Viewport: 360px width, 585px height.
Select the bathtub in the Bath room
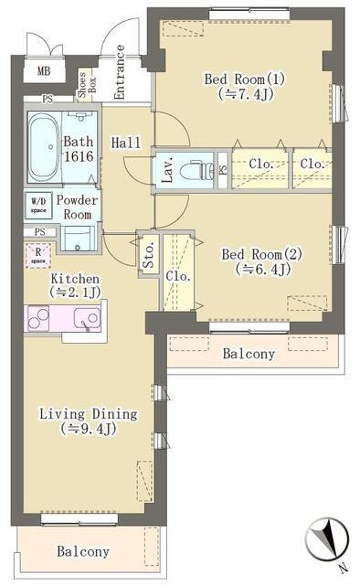[x=43, y=147]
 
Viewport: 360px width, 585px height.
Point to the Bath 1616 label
[x=79, y=151]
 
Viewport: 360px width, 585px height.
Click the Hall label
[x=125, y=144]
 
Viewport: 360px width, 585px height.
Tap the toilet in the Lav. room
[x=195, y=170]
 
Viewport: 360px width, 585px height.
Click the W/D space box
[x=39, y=206]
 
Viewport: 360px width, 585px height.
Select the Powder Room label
[x=78, y=207]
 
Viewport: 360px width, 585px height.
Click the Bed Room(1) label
[x=245, y=85]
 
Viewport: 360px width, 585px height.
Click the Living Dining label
[x=88, y=420]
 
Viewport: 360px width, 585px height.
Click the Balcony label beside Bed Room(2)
[x=249, y=354]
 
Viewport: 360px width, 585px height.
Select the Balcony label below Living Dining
[x=83, y=551]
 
